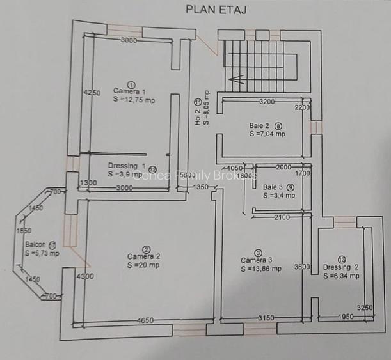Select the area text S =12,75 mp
tap(134, 100)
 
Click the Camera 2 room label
tap(144, 256)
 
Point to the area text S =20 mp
tap(144, 265)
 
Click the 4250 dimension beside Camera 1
tap(92, 93)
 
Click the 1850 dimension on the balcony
tap(24, 230)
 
